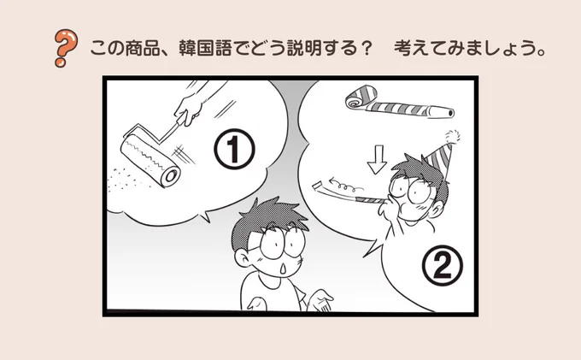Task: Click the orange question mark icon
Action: pos(66,48)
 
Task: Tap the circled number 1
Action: pos(234,149)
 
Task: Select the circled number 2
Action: pos(443,265)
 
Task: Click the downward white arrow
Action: pos(377,159)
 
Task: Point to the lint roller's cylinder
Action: pos(150,161)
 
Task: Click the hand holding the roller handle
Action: pos(190,109)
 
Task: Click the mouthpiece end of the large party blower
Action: pos(449,112)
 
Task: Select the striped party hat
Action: pos(440,159)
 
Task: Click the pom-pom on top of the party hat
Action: pos(452,137)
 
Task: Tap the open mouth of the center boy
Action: pos(283,269)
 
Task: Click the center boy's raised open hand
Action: pos(320,300)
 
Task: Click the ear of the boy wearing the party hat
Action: pos(437,210)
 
